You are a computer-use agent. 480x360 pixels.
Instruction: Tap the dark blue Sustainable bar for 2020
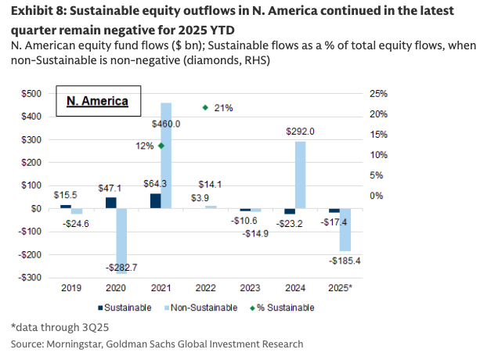tap(110, 203)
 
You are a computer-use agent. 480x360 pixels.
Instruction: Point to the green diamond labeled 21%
tap(205, 107)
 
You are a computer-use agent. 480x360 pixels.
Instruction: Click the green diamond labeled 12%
tap(161, 146)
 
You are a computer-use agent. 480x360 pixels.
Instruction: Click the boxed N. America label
tap(95, 103)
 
